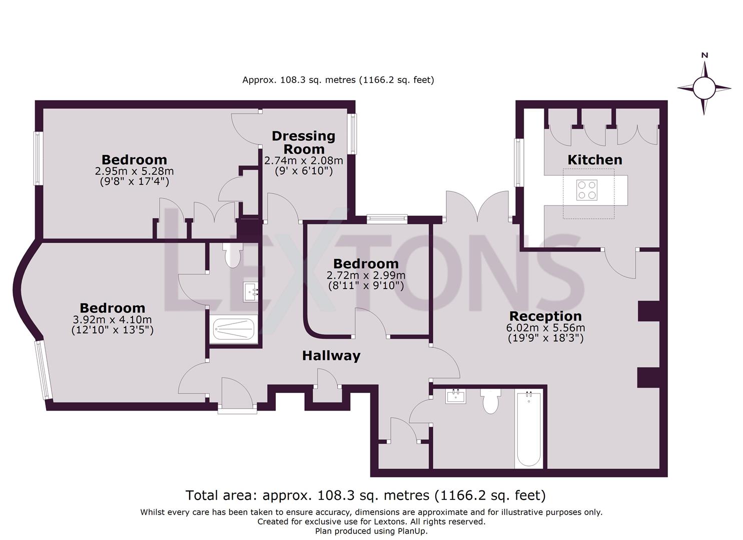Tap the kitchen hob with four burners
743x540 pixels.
pos(586,190)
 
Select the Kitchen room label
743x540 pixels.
pos(594,160)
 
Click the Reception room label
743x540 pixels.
pos(545,316)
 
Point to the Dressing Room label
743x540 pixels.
pos(303,142)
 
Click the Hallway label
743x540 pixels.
pos(331,356)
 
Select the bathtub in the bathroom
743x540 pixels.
pos(528,428)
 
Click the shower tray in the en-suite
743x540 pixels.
pos(234,329)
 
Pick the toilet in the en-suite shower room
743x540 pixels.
pos(232,254)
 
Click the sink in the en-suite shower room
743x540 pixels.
pos(250,291)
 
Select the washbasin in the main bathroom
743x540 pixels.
pos(455,396)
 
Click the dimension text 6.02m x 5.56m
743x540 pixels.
pos(545,328)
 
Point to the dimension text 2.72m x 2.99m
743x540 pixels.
pos(366,275)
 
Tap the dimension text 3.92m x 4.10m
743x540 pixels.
pos(112,319)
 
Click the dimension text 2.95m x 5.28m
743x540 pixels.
pos(134,171)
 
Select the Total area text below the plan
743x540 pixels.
pos(365,495)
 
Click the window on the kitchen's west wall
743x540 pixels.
pos(519,162)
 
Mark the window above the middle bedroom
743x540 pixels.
pos(387,219)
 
